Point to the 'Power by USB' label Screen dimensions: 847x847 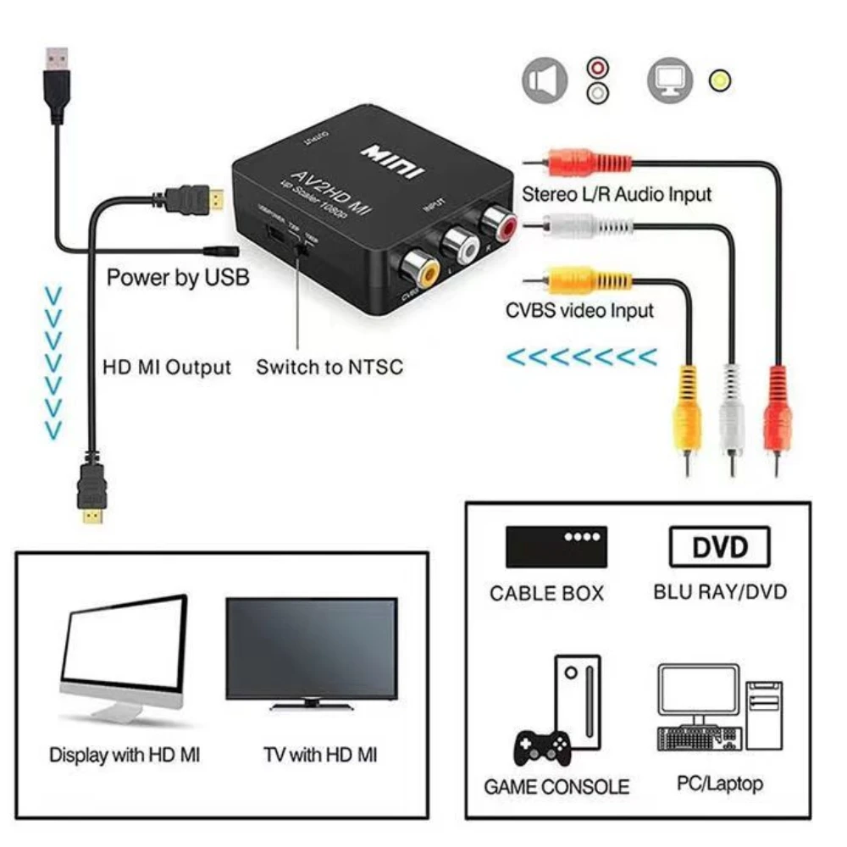point(178,278)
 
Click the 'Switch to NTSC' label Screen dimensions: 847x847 point(329,368)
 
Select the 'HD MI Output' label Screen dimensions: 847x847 point(167,368)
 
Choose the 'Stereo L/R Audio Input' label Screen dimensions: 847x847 point(617,194)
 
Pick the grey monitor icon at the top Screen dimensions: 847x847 point(670,80)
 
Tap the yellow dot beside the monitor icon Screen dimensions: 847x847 point(721,81)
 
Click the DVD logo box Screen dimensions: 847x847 point(720,547)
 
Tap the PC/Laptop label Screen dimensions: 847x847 point(719,783)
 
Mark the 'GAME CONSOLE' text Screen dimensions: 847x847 point(556,787)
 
